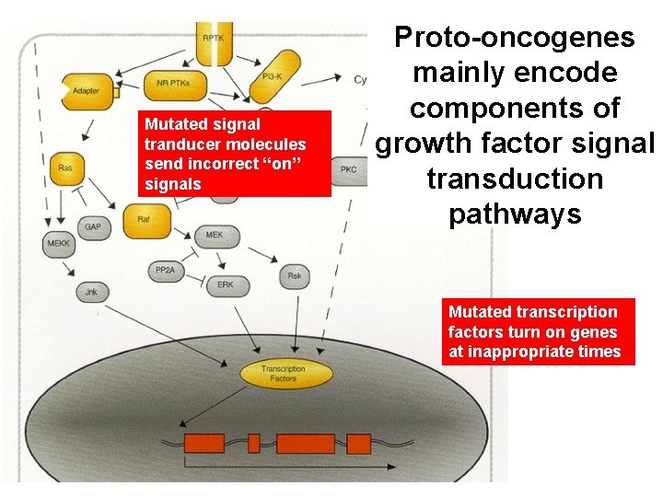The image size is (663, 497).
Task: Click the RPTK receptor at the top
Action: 213,46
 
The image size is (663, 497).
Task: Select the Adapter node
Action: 87,91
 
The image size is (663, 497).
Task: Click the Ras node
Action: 65,168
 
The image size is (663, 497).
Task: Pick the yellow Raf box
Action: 144,220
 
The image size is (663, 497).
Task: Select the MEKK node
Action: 57,244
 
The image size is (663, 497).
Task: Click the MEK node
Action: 215,235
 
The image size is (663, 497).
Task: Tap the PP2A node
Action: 167,271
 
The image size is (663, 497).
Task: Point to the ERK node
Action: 226,285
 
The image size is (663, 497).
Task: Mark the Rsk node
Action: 294,275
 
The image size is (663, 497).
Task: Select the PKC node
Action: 348,170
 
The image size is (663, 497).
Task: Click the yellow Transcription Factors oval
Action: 284,374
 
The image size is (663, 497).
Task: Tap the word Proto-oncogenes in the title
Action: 514,37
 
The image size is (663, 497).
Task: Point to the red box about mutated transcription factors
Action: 538,332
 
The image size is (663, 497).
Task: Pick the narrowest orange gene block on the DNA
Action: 254,444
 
